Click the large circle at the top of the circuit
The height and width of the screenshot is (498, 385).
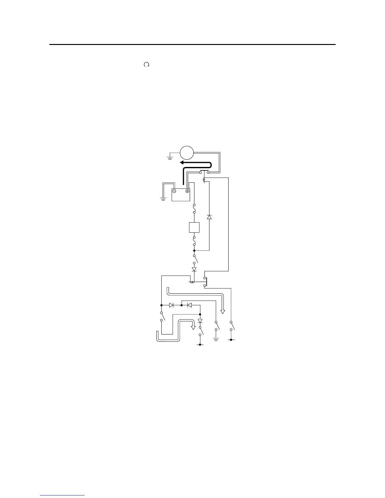[x=186, y=153]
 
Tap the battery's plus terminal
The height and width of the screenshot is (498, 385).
[x=187, y=191]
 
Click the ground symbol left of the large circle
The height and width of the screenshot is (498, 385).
[x=170, y=158]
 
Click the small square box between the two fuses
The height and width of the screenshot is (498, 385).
[x=194, y=227]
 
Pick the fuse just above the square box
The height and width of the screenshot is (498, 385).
[x=194, y=209]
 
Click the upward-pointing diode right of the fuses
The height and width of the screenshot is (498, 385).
[x=209, y=217]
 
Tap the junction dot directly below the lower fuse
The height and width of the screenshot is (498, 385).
[x=194, y=251]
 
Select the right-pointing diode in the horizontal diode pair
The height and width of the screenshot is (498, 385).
[x=171, y=305]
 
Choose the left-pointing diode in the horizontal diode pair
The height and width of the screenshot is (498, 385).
[x=189, y=305]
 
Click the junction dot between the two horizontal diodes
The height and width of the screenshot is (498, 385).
[x=181, y=305]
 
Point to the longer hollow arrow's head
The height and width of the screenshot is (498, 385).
[x=223, y=312]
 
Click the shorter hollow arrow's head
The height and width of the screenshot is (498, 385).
[x=193, y=328]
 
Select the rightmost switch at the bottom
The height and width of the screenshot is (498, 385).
[x=232, y=326]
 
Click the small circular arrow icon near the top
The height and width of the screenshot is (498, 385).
[x=146, y=64]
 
